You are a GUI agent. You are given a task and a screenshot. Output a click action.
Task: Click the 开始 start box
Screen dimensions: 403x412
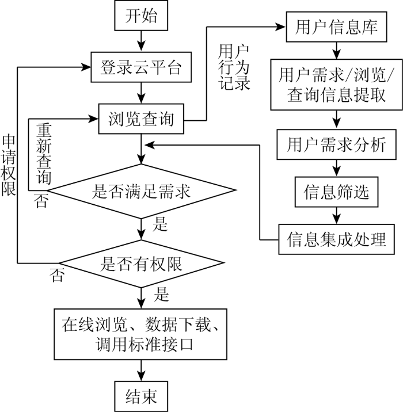(x=141, y=16)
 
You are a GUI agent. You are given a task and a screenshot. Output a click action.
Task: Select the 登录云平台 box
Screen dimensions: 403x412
(x=141, y=67)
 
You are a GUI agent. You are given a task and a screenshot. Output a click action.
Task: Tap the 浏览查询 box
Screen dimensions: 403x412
(x=141, y=119)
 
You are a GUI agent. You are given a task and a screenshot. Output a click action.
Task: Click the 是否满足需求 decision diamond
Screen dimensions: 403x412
(x=141, y=191)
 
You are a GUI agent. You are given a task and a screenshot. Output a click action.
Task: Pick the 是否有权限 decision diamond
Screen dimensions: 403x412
(x=141, y=264)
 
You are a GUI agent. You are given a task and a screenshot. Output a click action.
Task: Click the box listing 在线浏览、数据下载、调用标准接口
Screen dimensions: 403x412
(x=140, y=334)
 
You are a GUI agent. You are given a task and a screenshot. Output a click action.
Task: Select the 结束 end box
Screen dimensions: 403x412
(x=141, y=396)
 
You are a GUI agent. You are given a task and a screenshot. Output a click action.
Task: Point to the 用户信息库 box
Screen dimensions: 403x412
(x=336, y=27)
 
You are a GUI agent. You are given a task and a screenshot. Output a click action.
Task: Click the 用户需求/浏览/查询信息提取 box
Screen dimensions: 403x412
(x=336, y=85)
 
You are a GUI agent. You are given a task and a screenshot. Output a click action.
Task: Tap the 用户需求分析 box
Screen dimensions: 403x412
(x=336, y=144)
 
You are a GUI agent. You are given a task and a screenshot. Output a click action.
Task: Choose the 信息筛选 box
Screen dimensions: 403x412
(x=336, y=192)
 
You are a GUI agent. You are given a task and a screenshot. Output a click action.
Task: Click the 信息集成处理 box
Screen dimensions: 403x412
(x=336, y=239)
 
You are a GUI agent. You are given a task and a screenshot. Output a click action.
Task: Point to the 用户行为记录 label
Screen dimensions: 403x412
(x=234, y=67)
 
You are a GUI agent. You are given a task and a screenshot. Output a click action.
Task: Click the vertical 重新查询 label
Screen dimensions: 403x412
(x=44, y=154)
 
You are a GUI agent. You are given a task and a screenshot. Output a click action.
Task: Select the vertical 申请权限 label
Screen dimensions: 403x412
(x=9, y=166)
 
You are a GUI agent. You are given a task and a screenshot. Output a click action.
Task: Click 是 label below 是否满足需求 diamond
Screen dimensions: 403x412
(x=160, y=224)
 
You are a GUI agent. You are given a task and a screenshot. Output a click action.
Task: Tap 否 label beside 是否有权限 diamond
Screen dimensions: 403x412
(x=57, y=275)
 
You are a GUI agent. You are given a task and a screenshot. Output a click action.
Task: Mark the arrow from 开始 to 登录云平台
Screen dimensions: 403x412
(x=141, y=41)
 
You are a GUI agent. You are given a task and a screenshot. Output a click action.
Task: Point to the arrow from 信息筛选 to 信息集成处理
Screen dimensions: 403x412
(x=336, y=215)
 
